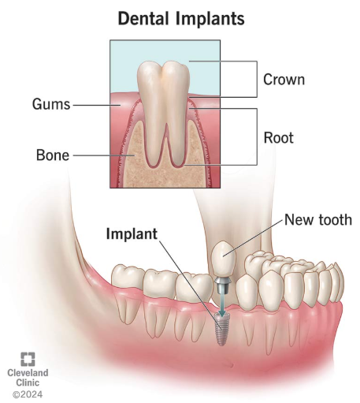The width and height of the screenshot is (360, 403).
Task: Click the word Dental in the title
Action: point(143,18)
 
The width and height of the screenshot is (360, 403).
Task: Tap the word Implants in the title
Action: point(210,19)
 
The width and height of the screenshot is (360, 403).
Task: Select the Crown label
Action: point(284,80)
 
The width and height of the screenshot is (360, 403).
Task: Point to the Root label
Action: point(278,138)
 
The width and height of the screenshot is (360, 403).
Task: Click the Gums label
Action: point(51,104)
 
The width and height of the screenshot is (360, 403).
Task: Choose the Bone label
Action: point(53,155)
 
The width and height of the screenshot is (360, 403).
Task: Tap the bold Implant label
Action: point(132,233)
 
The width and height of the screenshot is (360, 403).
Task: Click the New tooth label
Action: point(318,220)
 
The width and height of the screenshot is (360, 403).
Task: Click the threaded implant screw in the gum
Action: point(221,329)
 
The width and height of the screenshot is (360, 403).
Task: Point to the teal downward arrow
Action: point(222,302)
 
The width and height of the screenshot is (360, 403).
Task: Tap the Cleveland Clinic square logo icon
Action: point(28,359)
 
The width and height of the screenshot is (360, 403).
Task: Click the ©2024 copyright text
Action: point(28,394)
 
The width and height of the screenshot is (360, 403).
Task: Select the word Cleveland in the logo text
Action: point(28,373)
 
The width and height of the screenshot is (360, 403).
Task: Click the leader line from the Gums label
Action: point(96,105)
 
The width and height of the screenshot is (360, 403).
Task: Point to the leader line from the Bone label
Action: point(103,155)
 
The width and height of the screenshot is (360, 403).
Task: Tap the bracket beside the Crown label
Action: point(257,79)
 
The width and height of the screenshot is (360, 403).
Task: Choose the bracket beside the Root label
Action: point(257,136)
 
